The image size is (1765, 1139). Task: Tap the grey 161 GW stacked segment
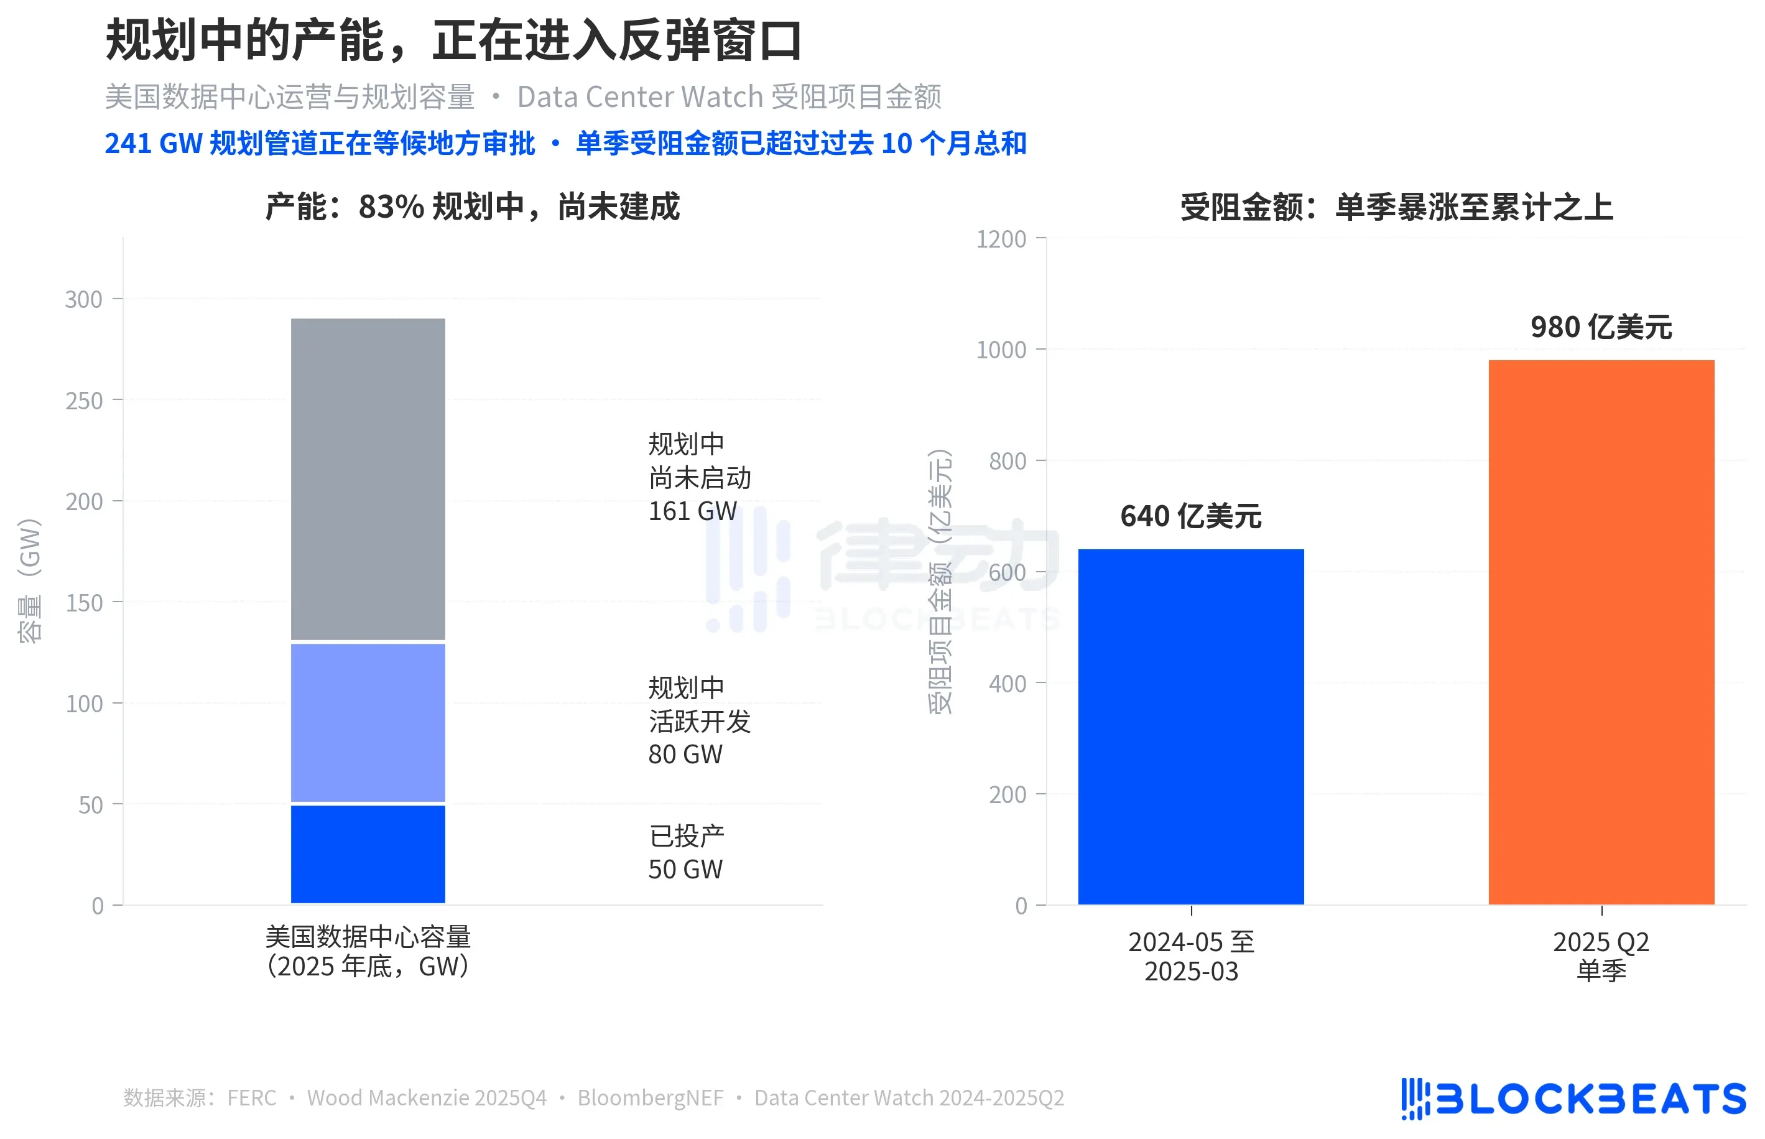coord(368,478)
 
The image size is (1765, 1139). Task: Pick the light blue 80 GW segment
coord(368,723)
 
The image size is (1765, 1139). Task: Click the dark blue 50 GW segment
coord(368,853)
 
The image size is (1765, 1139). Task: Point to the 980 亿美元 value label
coord(1600,327)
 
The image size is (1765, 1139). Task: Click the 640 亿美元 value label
coord(1190,516)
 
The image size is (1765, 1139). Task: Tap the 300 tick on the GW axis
coord(83,300)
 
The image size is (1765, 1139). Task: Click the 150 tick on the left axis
coord(83,603)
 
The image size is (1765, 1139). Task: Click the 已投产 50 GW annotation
coord(685,852)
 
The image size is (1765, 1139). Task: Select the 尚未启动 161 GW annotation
coord(699,478)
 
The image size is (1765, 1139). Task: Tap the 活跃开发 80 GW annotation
coord(699,721)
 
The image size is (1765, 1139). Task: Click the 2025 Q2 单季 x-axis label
coord(1600,955)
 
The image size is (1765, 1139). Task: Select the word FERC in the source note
coord(251,1097)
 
